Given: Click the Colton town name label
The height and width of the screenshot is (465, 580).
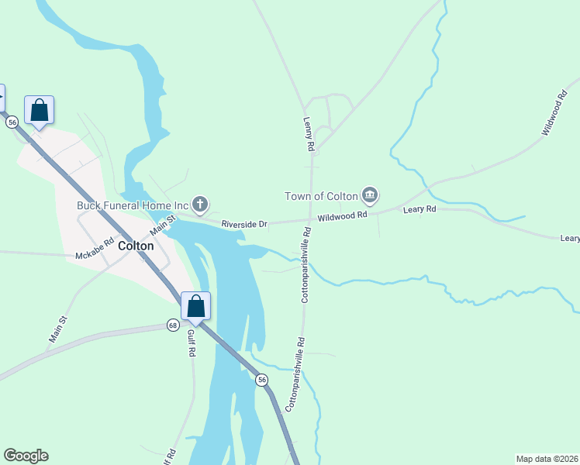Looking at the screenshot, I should [136, 246].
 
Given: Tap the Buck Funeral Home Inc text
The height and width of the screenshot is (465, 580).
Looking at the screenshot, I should [133, 205].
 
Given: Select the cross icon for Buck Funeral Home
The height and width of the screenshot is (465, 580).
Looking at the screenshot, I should [200, 205].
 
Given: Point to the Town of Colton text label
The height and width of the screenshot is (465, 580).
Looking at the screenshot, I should [322, 195].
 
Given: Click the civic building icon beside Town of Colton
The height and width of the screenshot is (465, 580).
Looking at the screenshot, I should [370, 195].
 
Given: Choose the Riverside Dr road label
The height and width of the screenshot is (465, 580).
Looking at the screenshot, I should [244, 224].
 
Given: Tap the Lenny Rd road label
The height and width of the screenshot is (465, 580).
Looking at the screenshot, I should [308, 134].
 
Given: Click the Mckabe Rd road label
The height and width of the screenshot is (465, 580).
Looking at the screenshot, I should [95, 255].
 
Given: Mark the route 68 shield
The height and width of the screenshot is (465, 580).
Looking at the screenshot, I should [172, 325].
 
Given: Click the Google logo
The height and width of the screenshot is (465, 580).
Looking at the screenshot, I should [26, 456].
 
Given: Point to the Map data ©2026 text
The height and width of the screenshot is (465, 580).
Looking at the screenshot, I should [546, 458].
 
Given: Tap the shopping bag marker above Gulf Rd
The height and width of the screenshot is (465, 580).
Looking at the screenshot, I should [196, 306].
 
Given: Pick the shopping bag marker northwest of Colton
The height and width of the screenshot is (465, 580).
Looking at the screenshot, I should [39, 110].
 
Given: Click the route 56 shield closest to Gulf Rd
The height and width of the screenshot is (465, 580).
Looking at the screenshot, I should [262, 379].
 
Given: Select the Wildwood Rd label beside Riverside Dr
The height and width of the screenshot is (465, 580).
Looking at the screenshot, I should [342, 217].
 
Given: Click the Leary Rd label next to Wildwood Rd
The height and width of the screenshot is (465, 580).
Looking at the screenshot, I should [419, 209].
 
